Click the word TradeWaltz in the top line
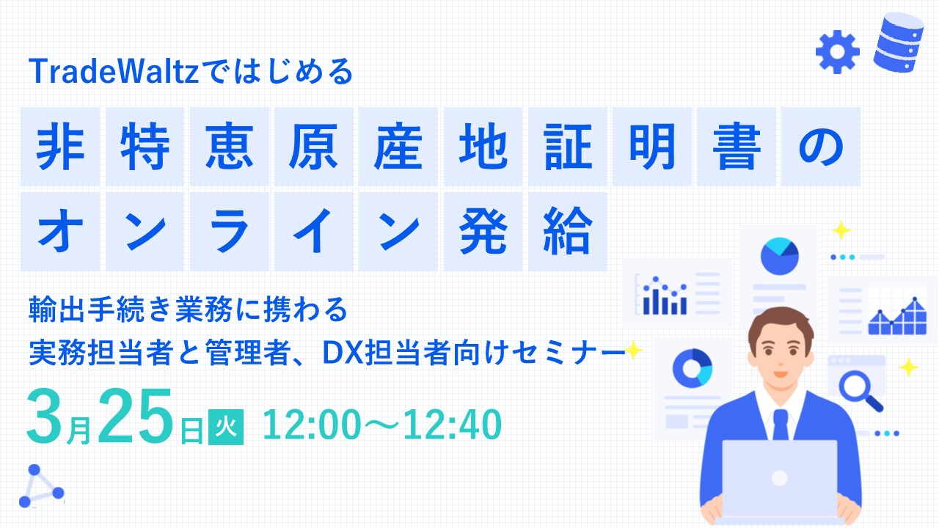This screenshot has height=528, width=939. pos(114,71)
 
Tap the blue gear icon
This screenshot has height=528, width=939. pos(838,52)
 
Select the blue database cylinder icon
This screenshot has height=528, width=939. pos(899,42)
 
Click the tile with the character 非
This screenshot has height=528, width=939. pos(60,146)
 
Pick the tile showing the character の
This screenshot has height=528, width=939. pos(820,146)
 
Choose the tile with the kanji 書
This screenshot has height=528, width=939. pos(736,146)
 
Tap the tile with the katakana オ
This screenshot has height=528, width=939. pos(60,231)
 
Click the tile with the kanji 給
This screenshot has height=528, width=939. pos(568,231)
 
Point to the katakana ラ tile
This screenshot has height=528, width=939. pos(230,231)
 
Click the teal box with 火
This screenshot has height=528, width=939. pos(226,427)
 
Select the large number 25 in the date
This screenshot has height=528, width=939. pos(135,416)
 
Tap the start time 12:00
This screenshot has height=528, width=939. pos(311,425)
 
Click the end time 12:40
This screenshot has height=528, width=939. pos(453,425)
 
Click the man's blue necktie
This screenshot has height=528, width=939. pos(780,425)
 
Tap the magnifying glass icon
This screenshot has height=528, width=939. pos(861,391)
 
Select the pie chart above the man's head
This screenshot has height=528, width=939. pos(780,256)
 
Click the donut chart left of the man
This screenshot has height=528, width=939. pos(692,368)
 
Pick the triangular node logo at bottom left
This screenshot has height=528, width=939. pos(41,486)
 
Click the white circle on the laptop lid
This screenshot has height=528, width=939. pos(780,478)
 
